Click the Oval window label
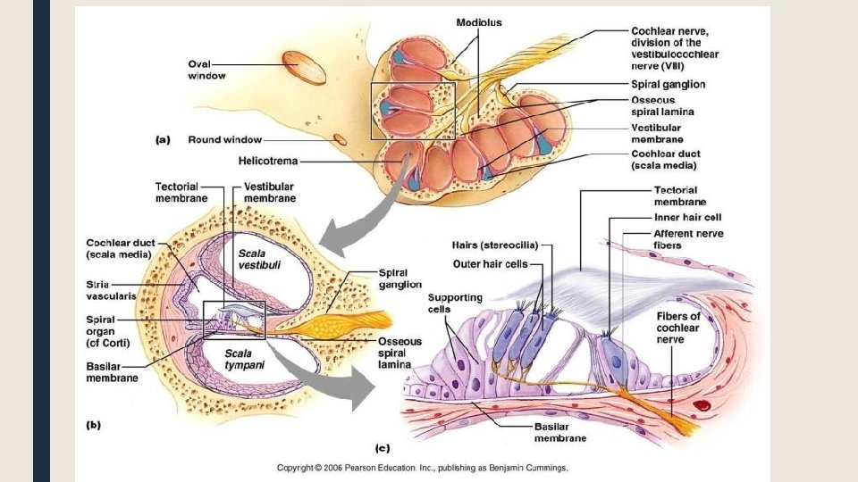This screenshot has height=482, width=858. click(x=206, y=70)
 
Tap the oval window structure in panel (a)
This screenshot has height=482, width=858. click(x=305, y=68)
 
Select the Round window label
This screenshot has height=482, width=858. click(x=224, y=139)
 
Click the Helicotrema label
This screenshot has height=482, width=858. click(x=268, y=162)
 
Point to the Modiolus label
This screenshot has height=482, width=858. click(x=479, y=21)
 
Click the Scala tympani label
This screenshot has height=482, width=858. click(x=243, y=358)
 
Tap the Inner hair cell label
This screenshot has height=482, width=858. click(x=687, y=217)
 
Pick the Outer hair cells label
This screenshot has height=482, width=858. click(x=491, y=263)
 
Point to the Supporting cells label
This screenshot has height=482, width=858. click(x=455, y=303)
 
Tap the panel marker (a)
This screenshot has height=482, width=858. click(x=163, y=139)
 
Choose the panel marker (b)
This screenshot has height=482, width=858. click(x=92, y=425)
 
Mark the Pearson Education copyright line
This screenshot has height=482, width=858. click(x=422, y=467)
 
